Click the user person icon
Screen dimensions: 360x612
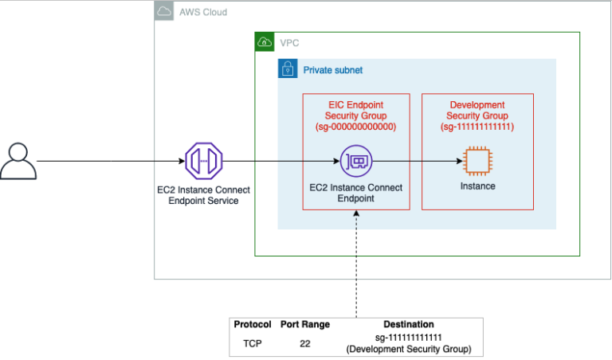[18, 161]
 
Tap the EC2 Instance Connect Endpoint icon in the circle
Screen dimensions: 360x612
[355, 162]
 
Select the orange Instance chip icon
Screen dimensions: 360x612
[477, 162]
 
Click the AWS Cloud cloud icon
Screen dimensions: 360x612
[164, 12]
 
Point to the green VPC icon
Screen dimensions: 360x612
[264, 42]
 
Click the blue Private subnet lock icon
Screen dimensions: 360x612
[287, 69]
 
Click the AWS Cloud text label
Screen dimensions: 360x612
[202, 13]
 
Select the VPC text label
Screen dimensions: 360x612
[289, 42]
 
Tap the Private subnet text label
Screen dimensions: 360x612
[332, 70]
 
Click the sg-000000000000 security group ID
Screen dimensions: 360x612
[356, 127]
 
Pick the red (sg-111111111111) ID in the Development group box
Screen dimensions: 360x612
[477, 127]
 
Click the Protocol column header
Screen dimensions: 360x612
[253, 325]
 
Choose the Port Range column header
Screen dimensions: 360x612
[304, 325]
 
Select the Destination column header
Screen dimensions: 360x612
[408, 325]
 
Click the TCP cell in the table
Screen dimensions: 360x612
[253, 343]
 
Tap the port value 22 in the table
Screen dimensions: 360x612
[304, 343]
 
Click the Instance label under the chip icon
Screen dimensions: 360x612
[477, 186]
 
